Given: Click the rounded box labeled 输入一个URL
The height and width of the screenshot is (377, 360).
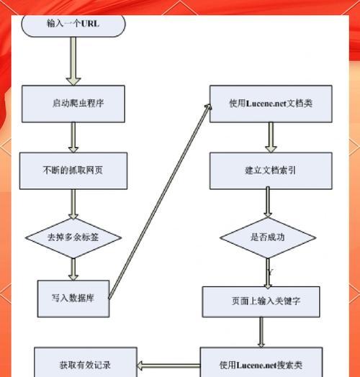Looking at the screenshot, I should click(x=73, y=23).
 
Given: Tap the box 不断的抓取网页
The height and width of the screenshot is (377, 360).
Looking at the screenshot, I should click(x=73, y=171).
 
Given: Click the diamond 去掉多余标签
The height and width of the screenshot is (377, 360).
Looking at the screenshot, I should click(x=73, y=237).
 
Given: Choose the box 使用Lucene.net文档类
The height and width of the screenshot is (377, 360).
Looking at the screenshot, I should click(x=271, y=104).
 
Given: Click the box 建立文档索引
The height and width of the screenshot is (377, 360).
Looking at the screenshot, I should click(x=271, y=171).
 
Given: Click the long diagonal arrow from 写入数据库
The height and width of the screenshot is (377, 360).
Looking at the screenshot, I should click(x=162, y=201).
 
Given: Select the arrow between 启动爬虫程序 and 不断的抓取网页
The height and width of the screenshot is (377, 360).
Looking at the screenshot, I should click(x=73, y=137).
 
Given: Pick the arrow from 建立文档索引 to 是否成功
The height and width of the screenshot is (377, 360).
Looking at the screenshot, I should click(x=268, y=202).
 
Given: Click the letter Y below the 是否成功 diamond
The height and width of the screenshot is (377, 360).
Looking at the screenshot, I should click(x=270, y=272).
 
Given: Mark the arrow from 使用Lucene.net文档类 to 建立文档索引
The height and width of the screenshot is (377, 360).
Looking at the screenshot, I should click(x=271, y=137).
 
